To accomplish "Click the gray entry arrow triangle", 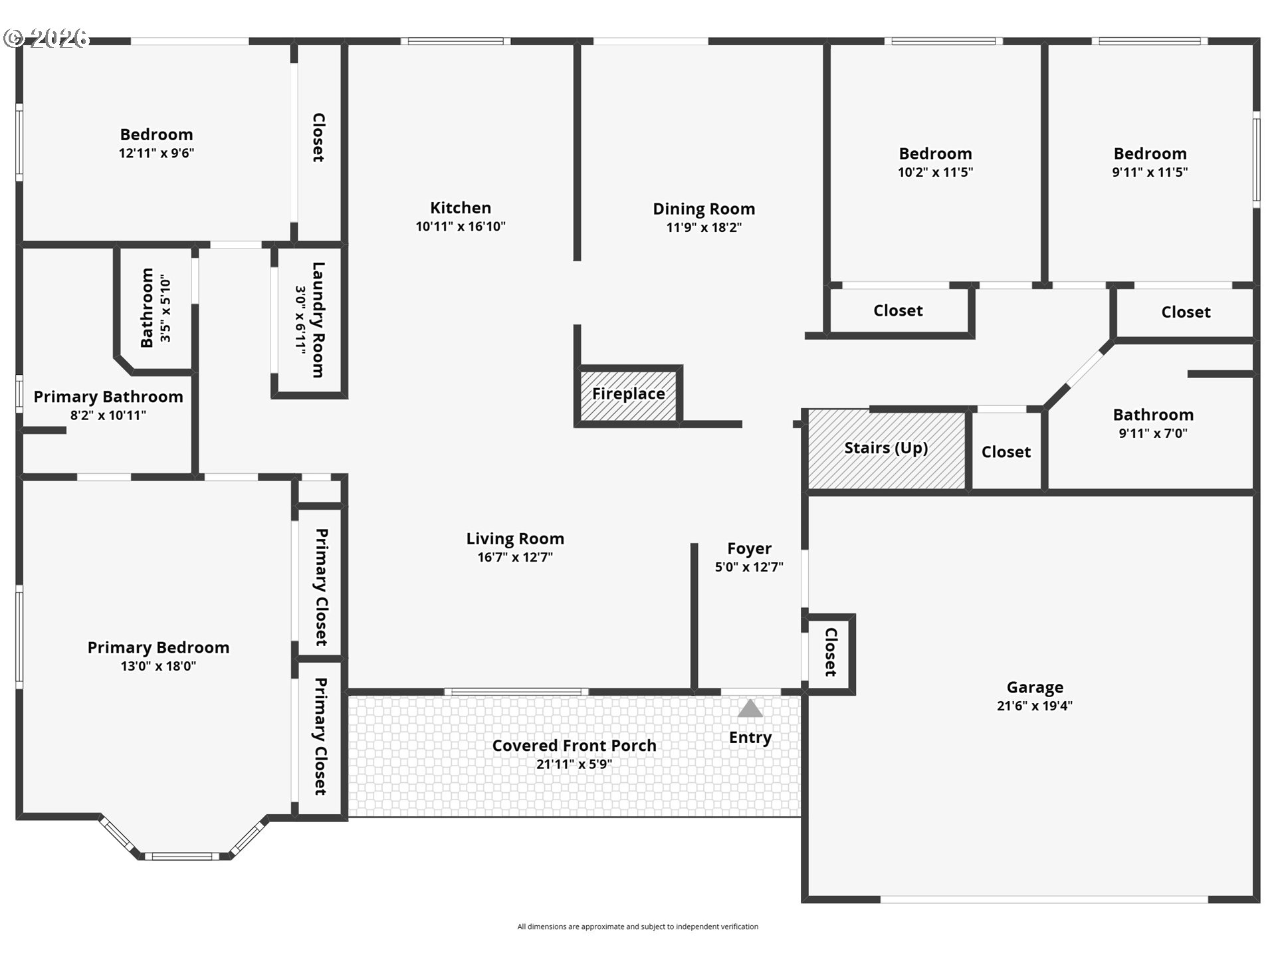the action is pyautogui.click(x=750, y=708).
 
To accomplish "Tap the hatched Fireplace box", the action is pyautogui.click(x=629, y=396).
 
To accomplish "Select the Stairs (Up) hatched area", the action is pyautogui.click(x=887, y=451).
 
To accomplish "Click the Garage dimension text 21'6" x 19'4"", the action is pyautogui.click(x=1035, y=706).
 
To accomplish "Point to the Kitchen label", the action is pyautogui.click(x=461, y=208).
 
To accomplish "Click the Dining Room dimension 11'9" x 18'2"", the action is pyautogui.click(x=704, y=227).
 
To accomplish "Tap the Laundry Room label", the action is pyautogui.click(x=318, y=320).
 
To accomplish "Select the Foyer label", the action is pyautogui.click(x=749, y=549).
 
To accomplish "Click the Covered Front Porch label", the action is pyautogui.click(x=574, y=746).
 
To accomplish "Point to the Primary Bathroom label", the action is pyautogui.click(x=108, y=397).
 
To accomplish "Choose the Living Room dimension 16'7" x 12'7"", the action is pyautogui.click(x=515, y=558).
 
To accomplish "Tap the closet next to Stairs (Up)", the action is pyautogui.click(x=1006, y=452).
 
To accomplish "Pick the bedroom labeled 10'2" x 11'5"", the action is pyautogui.click(x=934, y=163).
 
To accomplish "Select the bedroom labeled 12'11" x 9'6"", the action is pyautogui.click(x=157, y=143).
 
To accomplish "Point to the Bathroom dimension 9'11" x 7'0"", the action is pyautogui.click(x=1153, y=433).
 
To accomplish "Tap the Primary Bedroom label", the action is pyautogui.click(x=158, y=647).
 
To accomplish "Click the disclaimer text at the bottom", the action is pyautogui.click(x=638, y=926).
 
